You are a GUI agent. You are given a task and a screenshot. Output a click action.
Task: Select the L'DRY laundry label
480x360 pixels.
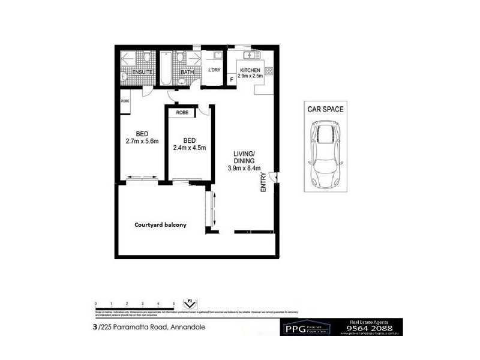click(x=214, y=71)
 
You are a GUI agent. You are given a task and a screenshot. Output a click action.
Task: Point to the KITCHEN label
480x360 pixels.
click(x=250, y=71)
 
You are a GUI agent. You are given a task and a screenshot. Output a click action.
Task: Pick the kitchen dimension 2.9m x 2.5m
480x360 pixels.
click(x=250, y=77)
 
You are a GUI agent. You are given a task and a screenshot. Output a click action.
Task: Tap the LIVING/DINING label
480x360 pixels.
click(x=244, y=158)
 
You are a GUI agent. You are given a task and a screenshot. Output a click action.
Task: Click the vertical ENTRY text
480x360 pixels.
click(x=263, y=182)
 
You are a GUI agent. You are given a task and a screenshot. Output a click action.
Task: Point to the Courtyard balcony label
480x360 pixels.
click(x=160, y=225)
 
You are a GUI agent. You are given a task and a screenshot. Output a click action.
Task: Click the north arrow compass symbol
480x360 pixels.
click(x=191, y=304)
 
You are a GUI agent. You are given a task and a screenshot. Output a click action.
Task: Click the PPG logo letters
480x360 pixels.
click(x=294, y=329)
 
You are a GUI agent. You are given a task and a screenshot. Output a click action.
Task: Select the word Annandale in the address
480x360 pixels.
click(x=191, y=327)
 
